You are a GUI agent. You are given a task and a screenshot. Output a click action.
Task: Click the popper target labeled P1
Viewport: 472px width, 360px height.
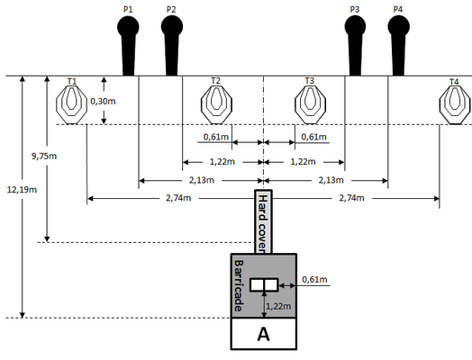[x=128, y=45]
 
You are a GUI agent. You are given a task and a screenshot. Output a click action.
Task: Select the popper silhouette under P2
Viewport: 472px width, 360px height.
[x=172, y=45]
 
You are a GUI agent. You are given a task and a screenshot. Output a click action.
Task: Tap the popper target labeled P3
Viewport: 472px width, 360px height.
[x=355, y=45]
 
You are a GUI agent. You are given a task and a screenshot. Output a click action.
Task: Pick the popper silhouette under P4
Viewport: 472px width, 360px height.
[x=398, y=45]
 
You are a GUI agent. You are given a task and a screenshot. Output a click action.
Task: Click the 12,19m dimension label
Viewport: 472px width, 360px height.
[x=22, y=190]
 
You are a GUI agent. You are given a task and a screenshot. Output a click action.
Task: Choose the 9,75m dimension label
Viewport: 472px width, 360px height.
[x=44, y=156]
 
